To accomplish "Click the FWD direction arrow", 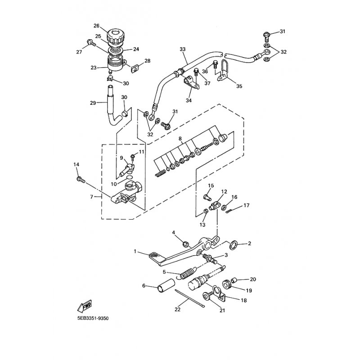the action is tap(85, 306).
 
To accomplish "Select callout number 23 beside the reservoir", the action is tap(94, 68).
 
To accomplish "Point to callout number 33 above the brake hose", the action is tap(183, 49).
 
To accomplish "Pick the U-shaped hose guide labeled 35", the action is tap(224, 70).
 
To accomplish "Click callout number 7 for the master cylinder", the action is tap(92, 197).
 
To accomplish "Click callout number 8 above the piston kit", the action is tap(180, 139).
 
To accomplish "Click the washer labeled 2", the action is tap(234, 245).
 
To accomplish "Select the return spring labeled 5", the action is tap(187, 273).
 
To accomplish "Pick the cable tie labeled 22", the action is tap(189, 298).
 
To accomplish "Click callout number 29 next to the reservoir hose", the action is tap(93, 103).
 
